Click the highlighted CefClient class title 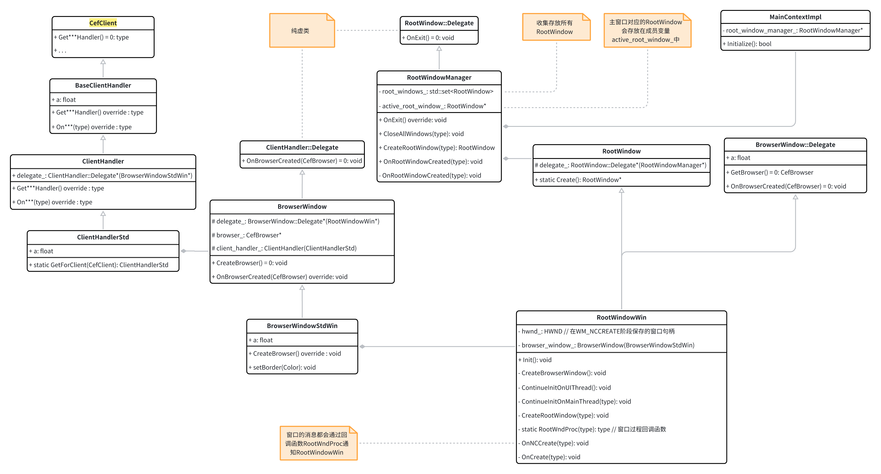103,23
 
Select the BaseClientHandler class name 103,85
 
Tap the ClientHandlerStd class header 103,237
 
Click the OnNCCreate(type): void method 555,443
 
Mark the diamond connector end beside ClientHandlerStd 184,251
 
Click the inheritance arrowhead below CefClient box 103,62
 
